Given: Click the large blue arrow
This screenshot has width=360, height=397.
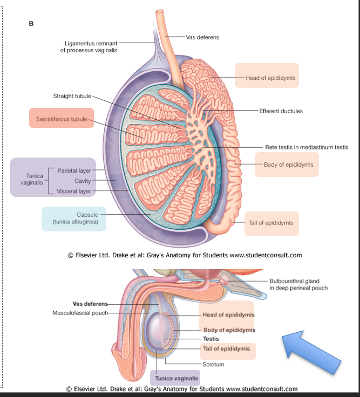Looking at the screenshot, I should pyautogui.click(x=311, y=353).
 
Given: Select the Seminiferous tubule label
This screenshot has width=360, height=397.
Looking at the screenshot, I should pyautogui.click(x=61, y=119).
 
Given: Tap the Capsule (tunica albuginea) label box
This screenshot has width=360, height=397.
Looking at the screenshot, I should pyautogui.click(x=73, y=218).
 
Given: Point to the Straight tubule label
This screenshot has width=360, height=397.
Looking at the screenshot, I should pyautogui.click(x=72, y=96).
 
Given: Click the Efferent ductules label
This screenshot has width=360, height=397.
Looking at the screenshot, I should pyautogui.click(x=281, y=111).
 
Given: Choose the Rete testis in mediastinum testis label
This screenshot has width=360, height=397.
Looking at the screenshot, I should pyautogui.click(x=307, y=147).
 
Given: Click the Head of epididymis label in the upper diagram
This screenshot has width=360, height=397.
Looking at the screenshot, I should pyautogui.click(x=270, y=78).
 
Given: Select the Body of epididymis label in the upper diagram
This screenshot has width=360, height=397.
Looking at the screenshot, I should pyautogui.click(x=288, y=165).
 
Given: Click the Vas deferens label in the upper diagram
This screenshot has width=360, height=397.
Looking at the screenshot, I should pyautogui.click(x=202, y=37).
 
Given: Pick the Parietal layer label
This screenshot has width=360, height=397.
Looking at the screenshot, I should pyautogui.click(x=74, y=170).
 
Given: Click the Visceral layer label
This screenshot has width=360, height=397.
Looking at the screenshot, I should pyautogui.click(x=74, y=191).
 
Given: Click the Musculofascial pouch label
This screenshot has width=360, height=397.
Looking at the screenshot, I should pyautogui.click(x=80, y=312).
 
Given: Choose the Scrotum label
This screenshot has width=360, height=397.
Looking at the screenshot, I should pyautogui.click(x=214, y=364).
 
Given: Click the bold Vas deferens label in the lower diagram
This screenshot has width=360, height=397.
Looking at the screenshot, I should pyautogui.click(x=90, y=304).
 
